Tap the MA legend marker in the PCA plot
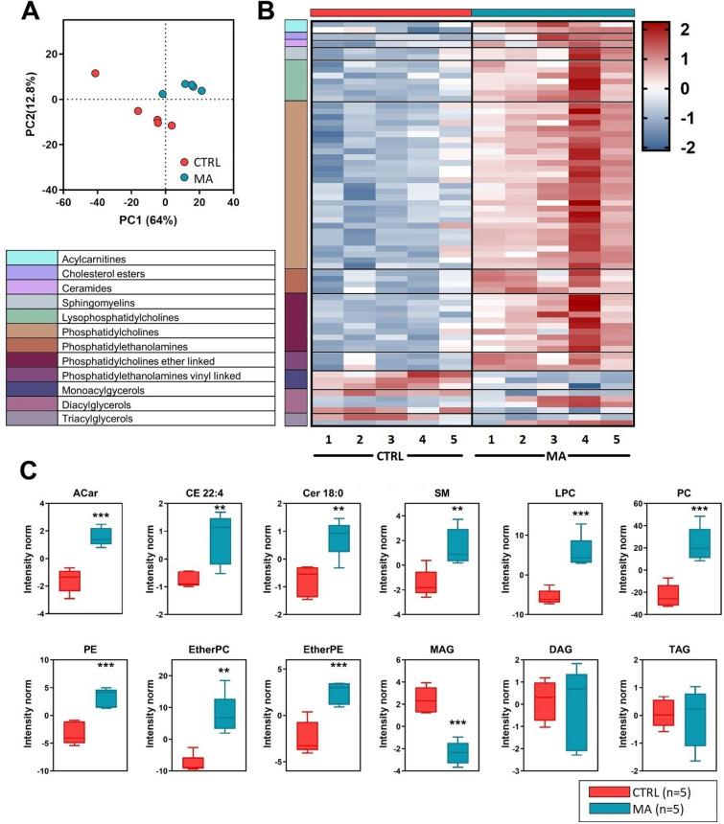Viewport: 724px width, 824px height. pos(183,177)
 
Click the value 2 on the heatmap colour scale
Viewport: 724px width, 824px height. pos(706,30)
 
